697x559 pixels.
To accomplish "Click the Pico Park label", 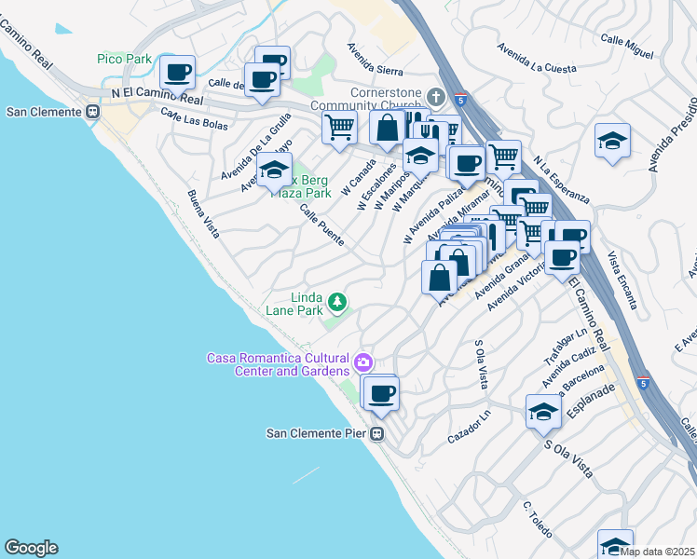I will pos(124,59).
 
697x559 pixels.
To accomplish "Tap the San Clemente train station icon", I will pos(92,112).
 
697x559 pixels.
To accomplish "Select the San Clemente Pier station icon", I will pos(377,433).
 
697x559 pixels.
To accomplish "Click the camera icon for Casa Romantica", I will pos(364,361).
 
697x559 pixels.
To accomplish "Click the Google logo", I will pos(31,548).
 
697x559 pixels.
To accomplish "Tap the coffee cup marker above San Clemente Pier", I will pos(380,392).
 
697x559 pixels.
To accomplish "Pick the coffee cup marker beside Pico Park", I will pos(177,72).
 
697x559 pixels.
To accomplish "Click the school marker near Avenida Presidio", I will pos(611,141).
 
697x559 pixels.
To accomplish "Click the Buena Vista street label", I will pos(203,214).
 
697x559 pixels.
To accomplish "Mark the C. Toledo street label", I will pos(539,519).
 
